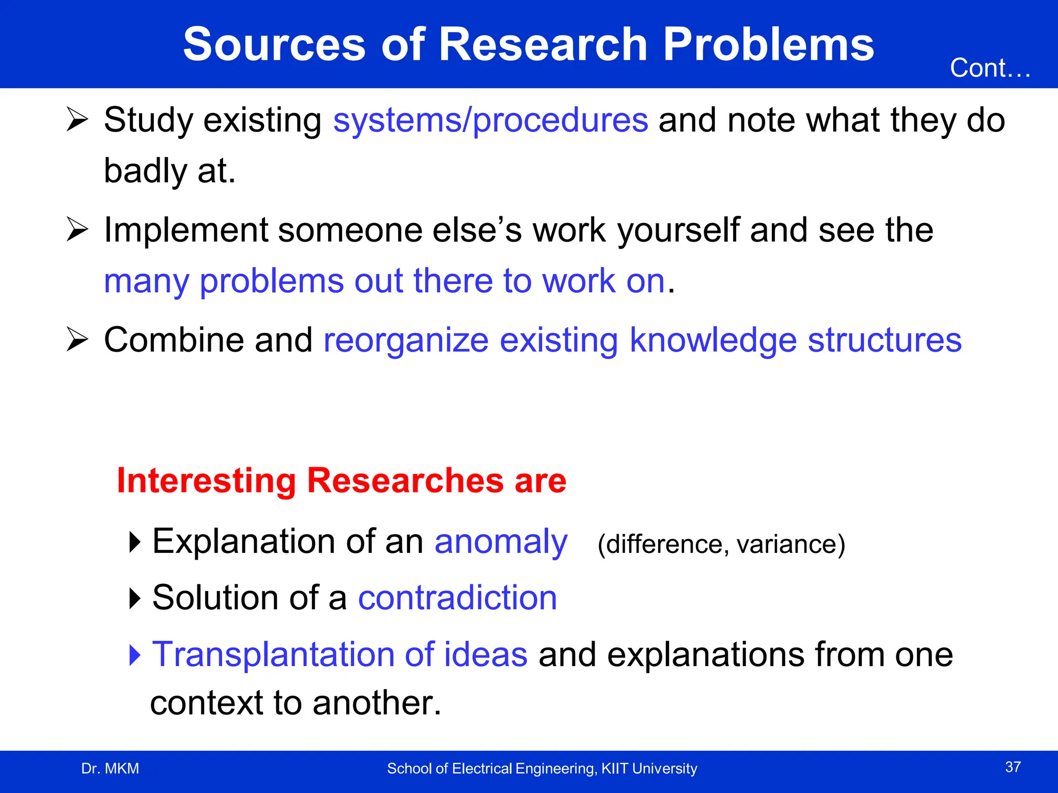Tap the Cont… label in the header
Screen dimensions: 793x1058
pos(990,68)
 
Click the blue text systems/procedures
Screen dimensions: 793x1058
pos(490,120)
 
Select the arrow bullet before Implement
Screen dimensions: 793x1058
pos(77,230)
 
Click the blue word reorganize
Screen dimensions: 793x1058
pos(406,341)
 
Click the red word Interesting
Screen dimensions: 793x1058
pos(206,481)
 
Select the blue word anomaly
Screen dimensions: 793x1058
pos(501,543)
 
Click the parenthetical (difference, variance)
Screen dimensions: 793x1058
pos(721,544)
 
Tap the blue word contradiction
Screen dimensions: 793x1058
pos(457,598)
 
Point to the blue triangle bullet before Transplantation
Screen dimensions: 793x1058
pos(135,655)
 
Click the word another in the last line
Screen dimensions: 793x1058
pos(377,703)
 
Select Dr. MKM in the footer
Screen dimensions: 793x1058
pos(110,769)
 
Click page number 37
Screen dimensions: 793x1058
pos(1013,767)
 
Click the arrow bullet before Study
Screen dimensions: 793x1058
pos(77,120)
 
